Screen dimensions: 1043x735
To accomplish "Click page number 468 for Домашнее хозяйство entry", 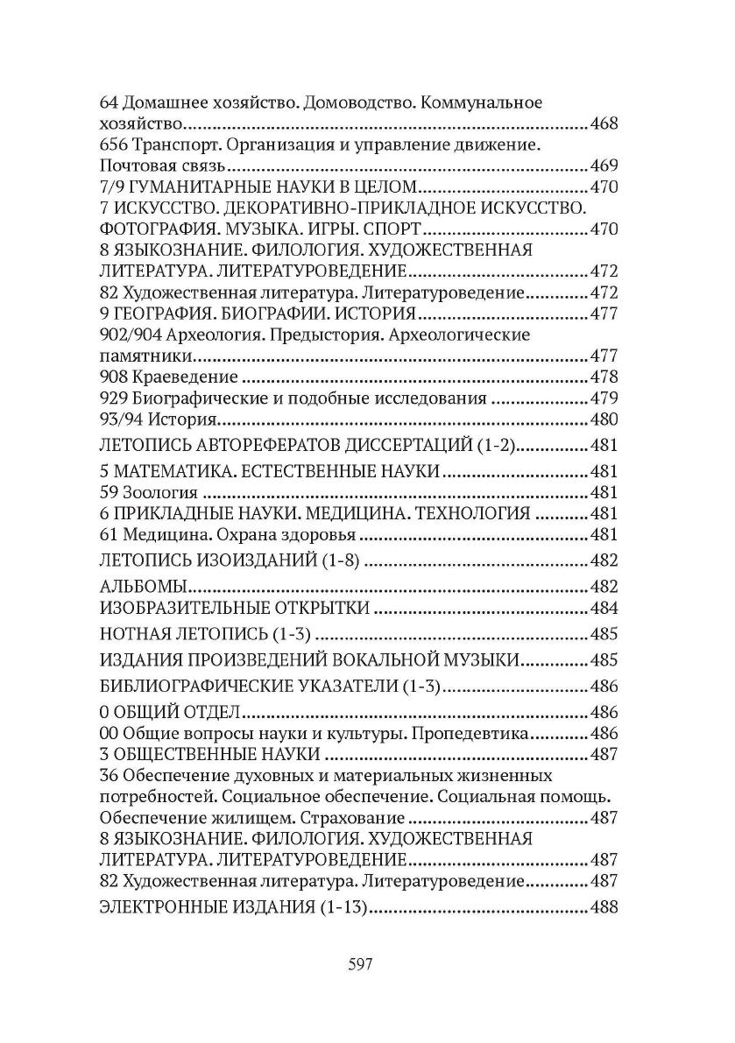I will coord(604,123).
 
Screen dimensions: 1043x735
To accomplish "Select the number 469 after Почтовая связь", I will coord(604,166).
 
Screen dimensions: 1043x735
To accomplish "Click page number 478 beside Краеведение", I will coord(604,377).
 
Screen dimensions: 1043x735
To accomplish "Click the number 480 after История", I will coord(604,420).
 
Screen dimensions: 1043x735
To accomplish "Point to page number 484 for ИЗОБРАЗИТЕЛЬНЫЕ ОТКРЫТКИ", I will coord(604,609).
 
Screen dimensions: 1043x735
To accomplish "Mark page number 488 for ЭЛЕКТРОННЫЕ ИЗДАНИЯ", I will coord(604,908).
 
